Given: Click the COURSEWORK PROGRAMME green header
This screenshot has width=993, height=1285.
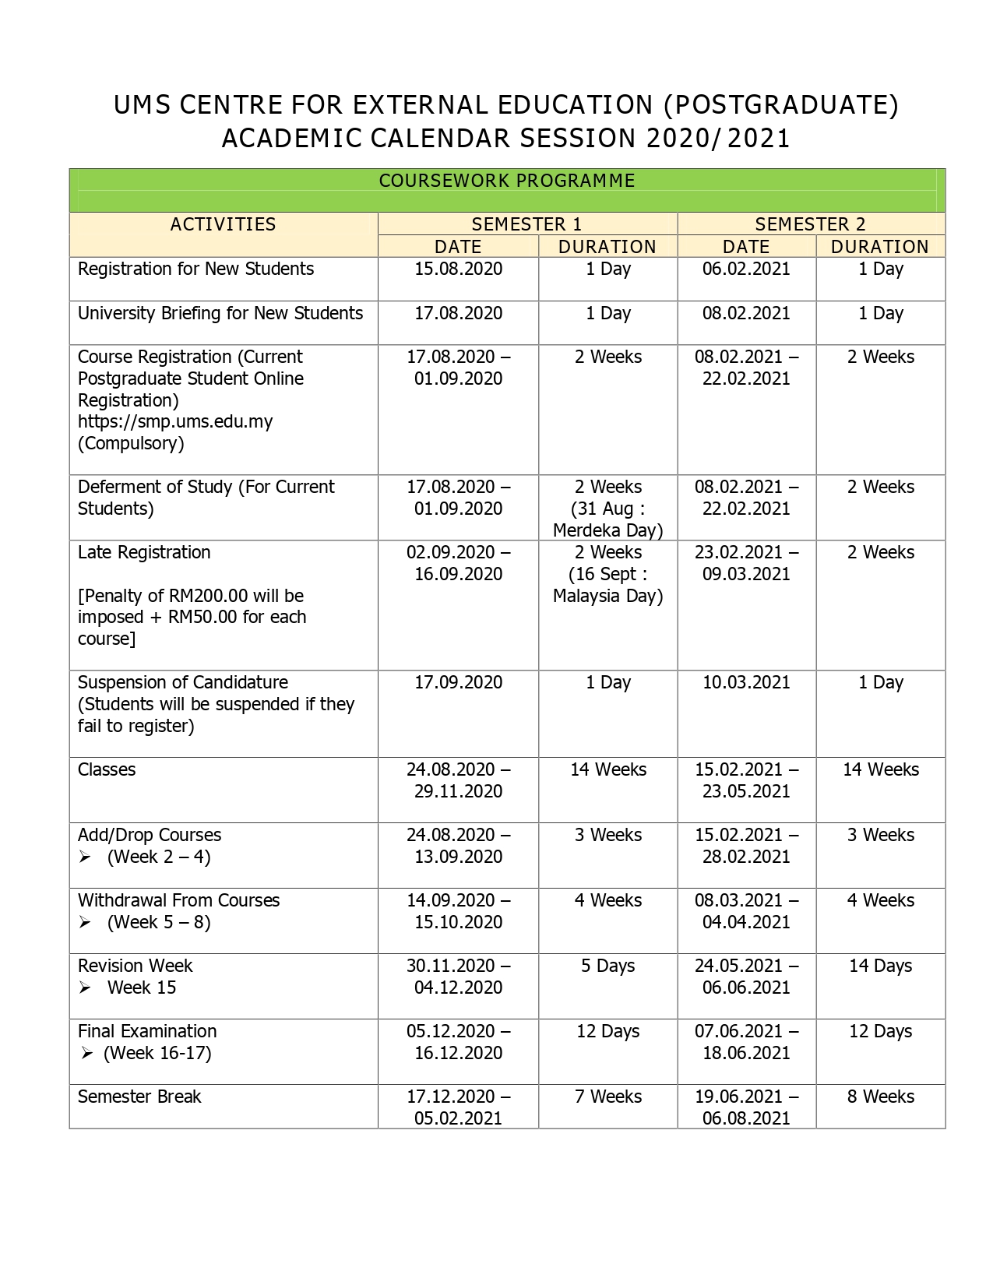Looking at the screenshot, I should click(x=507, y=181).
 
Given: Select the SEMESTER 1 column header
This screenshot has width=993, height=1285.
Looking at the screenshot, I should click(x=526, y=224).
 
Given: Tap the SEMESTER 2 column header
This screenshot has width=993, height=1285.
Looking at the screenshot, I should click(x=810, y=224).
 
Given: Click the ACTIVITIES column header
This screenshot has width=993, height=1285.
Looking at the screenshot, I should click(x=223, y=224).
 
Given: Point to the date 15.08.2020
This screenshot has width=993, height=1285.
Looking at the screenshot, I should click(x=458, y=269).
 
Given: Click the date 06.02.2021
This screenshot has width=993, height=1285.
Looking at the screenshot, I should click(x=746, y=269).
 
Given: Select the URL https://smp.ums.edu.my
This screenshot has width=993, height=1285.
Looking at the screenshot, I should click(x=175, y=422).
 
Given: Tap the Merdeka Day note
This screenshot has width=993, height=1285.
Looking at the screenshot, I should click(x=607, y=520).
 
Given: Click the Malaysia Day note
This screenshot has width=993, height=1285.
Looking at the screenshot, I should click(x=607, y=586).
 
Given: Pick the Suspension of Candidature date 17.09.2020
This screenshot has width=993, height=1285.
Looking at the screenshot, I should click(x=458, y=683).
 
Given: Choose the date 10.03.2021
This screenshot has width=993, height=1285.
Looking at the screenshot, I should click(x=746, y=683).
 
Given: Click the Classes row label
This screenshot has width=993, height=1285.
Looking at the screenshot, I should click(x=107, y=770).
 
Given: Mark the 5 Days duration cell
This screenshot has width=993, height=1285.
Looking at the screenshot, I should click(x=607, y=966).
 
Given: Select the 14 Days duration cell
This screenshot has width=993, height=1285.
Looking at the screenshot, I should click(x=880, y=966).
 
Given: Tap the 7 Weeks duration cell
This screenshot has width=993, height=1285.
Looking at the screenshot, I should click(x=607, y=1097).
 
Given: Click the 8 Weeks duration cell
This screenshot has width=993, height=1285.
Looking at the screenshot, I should click(x=880, y=1097).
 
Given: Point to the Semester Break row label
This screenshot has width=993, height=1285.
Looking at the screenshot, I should click(x=139, y=1097).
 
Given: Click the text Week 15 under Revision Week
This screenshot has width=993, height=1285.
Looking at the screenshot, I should click(x=142, y=988).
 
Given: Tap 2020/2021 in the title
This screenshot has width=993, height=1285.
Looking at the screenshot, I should click(x=718, y=139).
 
